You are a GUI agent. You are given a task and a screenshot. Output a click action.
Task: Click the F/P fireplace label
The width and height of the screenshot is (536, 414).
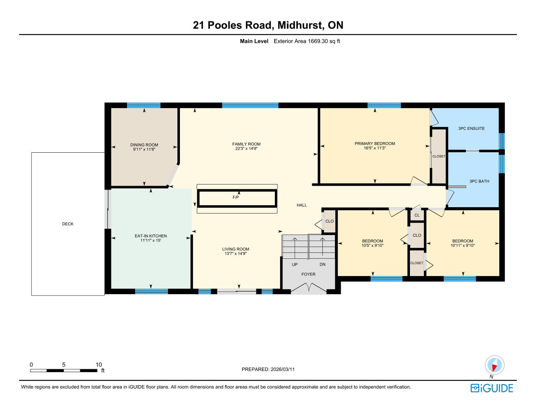coord(235,197)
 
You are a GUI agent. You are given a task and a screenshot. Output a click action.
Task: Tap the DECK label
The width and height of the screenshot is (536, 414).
coord(68,224)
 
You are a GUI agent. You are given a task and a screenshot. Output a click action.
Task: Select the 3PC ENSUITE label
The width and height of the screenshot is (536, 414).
coord(471,128)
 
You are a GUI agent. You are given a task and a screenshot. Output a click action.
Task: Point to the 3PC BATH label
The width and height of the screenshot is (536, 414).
coord(479,181)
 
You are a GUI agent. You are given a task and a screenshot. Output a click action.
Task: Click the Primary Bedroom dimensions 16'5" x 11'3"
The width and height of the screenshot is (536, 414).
coord(375,148)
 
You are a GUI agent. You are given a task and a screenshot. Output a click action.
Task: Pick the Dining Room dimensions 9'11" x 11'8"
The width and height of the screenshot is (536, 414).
coord(144,149)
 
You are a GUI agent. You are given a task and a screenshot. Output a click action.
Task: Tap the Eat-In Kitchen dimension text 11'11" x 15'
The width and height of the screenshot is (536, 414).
coord(151,240)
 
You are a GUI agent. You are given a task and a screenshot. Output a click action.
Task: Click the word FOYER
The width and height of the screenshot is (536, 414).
coord(308,274)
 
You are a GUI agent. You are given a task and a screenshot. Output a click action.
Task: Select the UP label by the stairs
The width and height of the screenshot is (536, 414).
coord(294,265)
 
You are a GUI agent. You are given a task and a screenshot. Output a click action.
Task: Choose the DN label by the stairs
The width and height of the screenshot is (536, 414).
coord(323,265)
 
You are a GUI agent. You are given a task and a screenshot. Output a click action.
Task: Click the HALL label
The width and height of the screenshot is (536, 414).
coord(302,205)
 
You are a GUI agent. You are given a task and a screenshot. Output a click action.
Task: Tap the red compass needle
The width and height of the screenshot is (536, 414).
coord(494,368)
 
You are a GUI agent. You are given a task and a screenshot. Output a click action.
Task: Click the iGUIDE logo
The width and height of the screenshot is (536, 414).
coord(492,388)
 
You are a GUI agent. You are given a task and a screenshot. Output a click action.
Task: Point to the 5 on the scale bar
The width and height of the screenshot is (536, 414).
coord(64,365)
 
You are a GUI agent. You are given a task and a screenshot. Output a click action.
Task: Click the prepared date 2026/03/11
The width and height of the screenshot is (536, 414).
coord(283,369)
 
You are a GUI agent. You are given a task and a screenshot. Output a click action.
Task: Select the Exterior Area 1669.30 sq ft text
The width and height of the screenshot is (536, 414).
coord(307,41)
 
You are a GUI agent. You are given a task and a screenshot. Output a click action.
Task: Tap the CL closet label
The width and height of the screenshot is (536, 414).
coord(417,215)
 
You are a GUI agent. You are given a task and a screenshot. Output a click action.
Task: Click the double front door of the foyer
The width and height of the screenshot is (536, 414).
coord(308,289)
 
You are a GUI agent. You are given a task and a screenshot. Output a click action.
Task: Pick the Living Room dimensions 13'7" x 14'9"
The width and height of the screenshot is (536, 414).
coord(235,254)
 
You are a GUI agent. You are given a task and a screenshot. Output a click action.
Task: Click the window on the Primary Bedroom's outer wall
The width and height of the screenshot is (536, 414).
coord(384,105)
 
